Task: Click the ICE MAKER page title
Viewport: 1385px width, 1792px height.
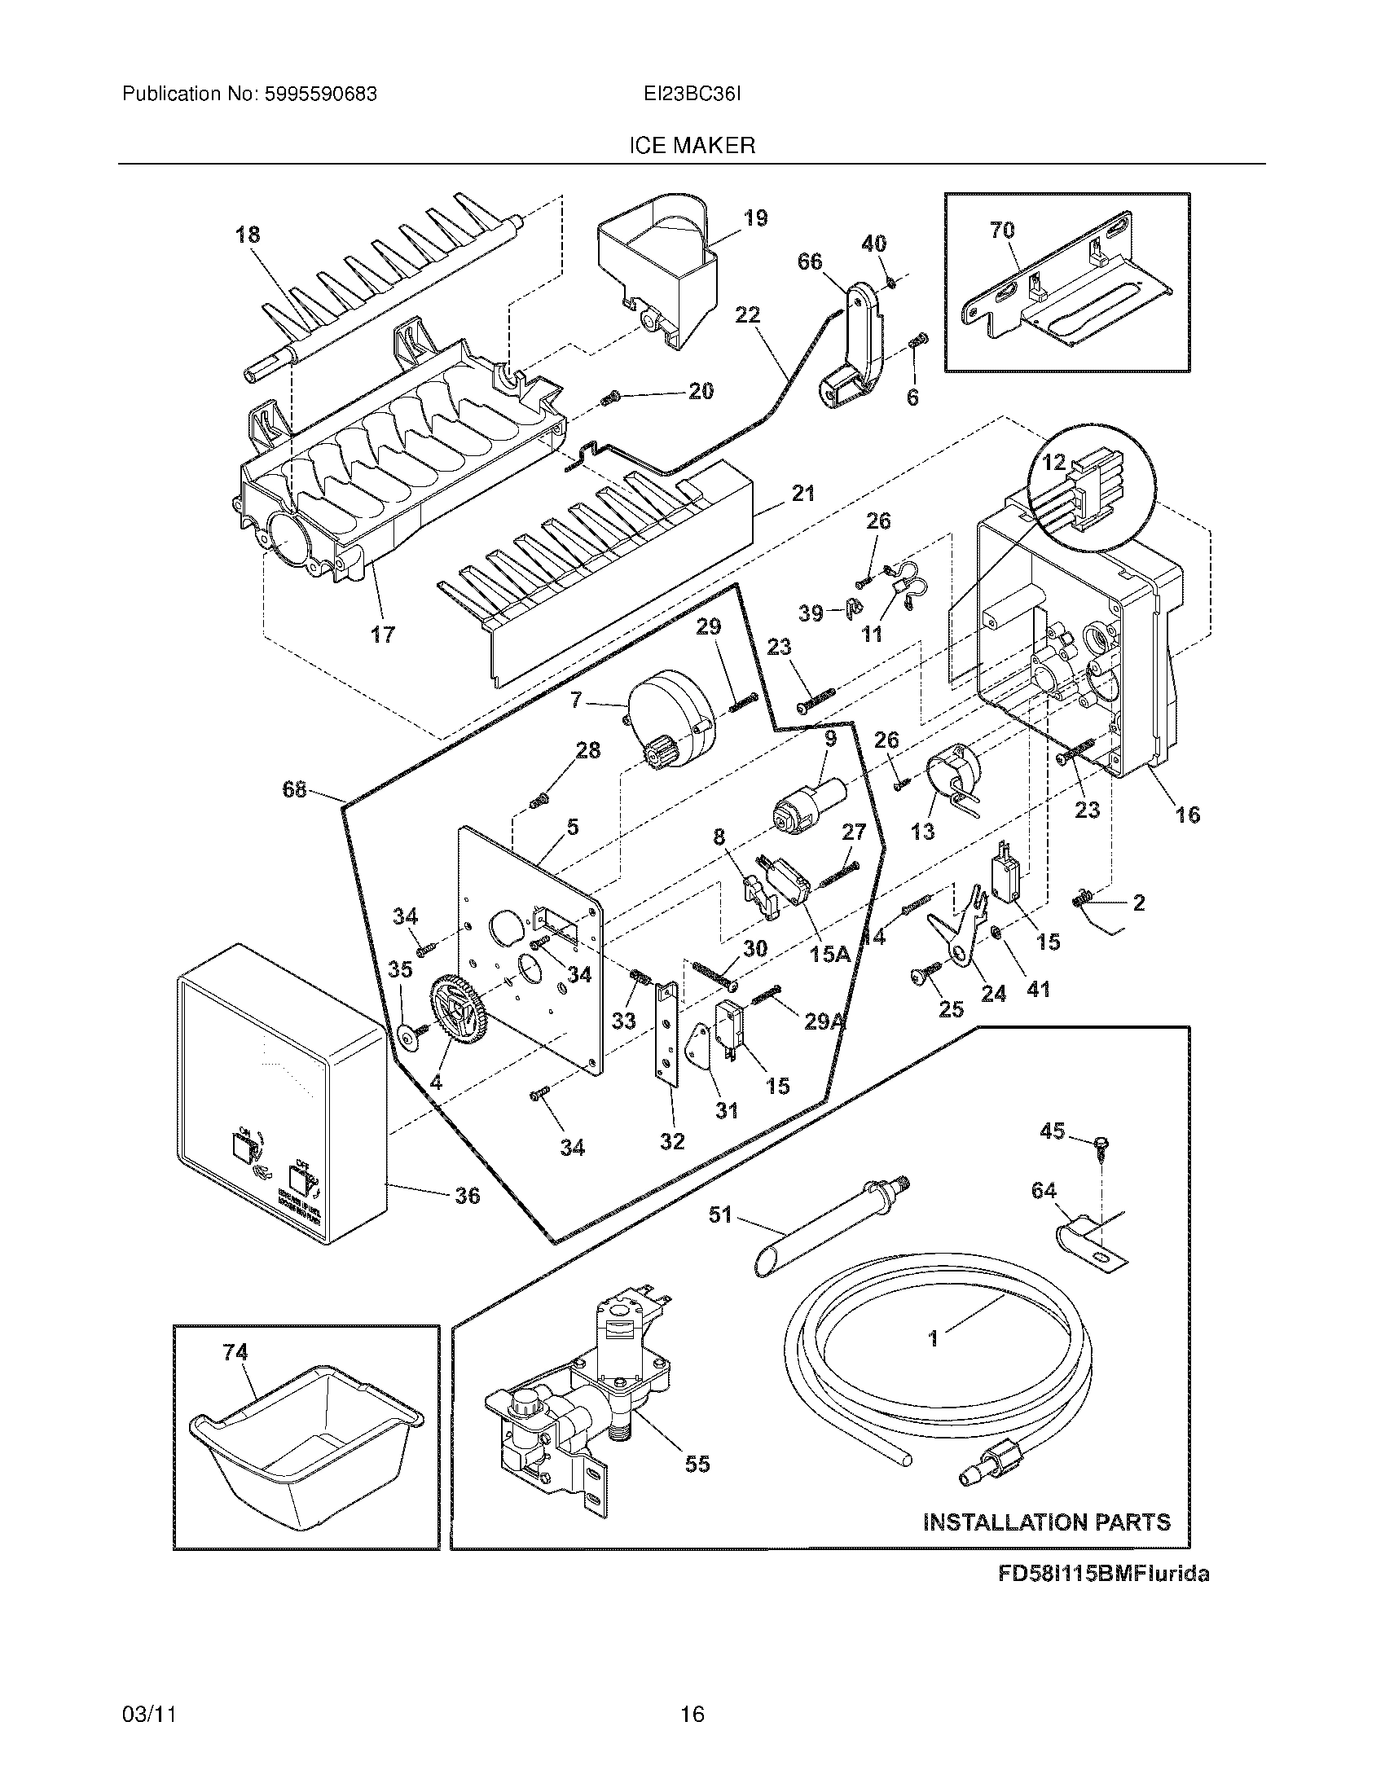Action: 692,146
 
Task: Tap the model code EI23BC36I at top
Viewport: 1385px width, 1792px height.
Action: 692,94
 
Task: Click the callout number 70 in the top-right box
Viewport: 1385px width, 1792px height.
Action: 1002,231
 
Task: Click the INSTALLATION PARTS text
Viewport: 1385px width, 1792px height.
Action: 1046,1522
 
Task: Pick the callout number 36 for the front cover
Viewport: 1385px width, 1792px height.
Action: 467,1196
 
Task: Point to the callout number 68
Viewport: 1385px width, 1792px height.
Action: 294,789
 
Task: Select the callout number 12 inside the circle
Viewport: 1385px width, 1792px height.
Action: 1053,463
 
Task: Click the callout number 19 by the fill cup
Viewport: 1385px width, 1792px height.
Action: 755,218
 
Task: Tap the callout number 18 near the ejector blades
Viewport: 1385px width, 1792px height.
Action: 247,235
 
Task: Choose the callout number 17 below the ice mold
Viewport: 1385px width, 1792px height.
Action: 382,634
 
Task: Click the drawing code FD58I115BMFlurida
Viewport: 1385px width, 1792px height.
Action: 1103,1574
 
